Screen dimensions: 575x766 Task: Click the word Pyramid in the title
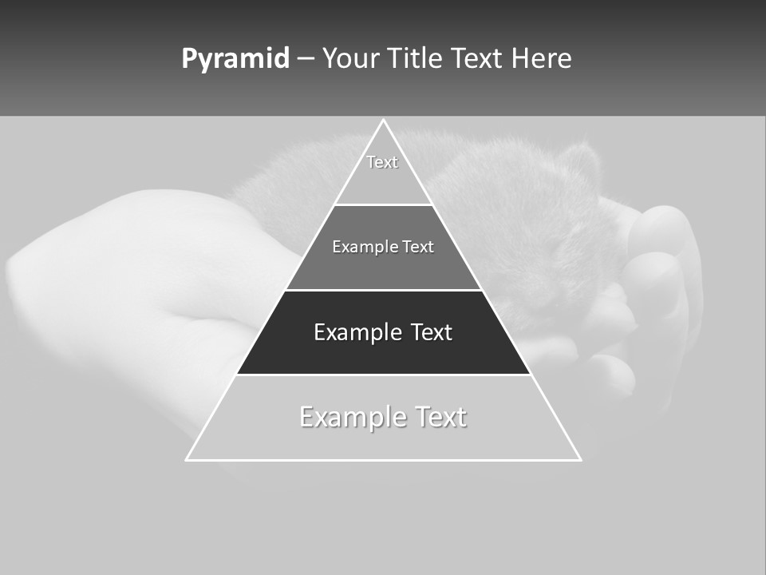[235, 59]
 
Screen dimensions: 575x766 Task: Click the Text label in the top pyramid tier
[382, 162]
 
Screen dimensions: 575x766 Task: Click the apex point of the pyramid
[383, 121]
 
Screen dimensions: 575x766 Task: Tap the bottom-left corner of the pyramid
[187, 459]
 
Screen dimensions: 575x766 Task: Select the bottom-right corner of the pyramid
[580, 459]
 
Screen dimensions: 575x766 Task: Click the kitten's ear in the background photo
[581, 160]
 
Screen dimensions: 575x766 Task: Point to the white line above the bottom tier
[383, 375]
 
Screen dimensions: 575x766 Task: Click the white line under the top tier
[383, 204]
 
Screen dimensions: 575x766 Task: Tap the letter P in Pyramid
[189, 59]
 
